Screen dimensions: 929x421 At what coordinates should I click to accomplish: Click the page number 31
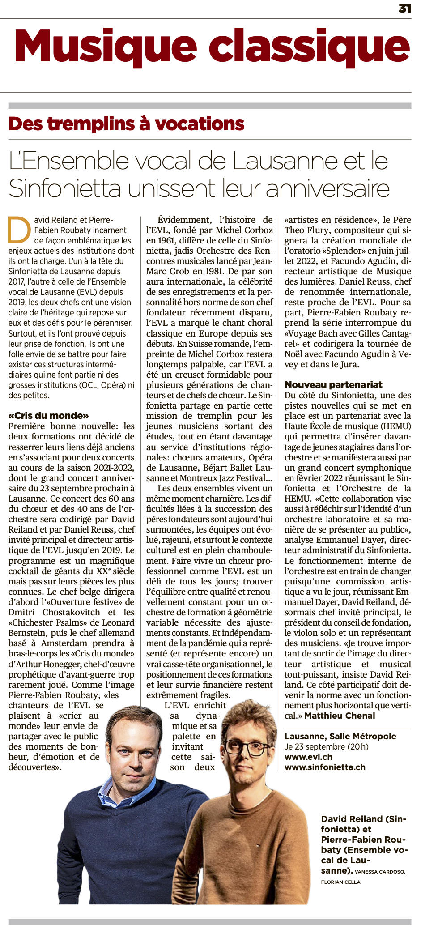point(404,9)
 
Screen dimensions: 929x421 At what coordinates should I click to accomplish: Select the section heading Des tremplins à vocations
point(126,124)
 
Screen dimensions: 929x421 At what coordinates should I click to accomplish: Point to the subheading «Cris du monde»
point(48,416)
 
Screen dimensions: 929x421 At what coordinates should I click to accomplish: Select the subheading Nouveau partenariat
point(333,385)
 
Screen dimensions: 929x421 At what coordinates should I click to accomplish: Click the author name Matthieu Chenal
point(340,716)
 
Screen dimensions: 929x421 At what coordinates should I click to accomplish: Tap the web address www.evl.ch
point(308,757)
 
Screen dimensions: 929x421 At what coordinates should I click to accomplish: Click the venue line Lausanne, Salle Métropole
point(340,736)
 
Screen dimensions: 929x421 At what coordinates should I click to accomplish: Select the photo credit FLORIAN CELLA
point(340,882)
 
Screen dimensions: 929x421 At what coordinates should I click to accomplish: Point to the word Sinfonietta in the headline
point(65,188)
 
